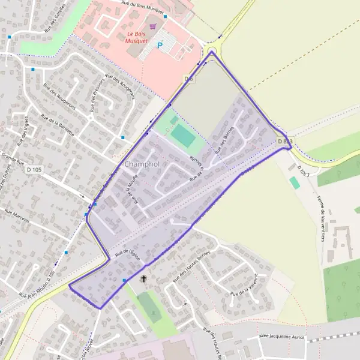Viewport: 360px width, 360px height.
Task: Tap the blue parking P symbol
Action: click(x=160, y=44)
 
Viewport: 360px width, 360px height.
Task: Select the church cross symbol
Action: click(x=143, y=279)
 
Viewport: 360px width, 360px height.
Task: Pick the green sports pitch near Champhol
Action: click(x=183, y=137)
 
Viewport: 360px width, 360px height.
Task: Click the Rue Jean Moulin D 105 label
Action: click(x=36, y=285)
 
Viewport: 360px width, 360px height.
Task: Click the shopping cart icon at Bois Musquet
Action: click(x=154, y=26)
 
